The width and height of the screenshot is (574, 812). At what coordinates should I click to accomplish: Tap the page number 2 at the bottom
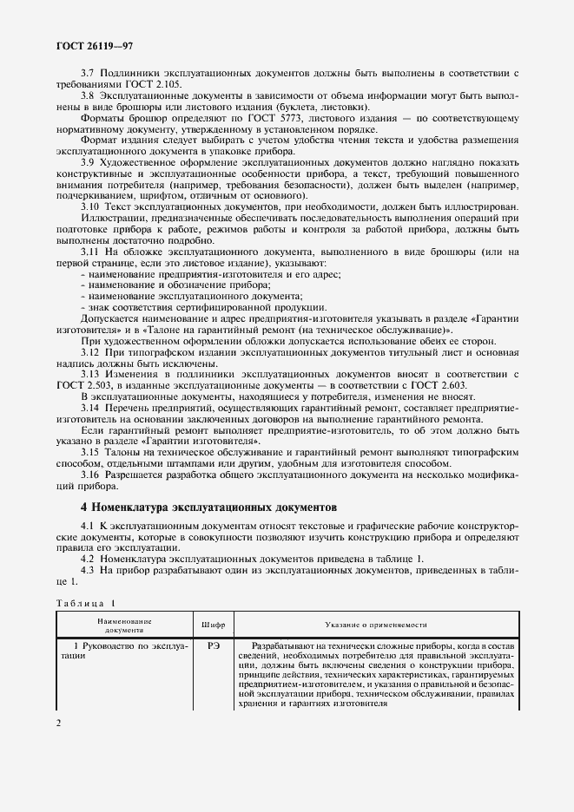[59, 723]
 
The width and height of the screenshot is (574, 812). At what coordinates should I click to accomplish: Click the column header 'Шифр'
[214, 624]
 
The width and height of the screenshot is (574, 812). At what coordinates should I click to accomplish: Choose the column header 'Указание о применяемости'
[375, 624]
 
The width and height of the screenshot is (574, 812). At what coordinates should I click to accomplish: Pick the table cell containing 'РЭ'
[214, 646]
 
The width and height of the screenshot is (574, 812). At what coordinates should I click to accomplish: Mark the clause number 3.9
[88, 161]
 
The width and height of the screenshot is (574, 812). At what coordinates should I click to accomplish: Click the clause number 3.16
[90, 475]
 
